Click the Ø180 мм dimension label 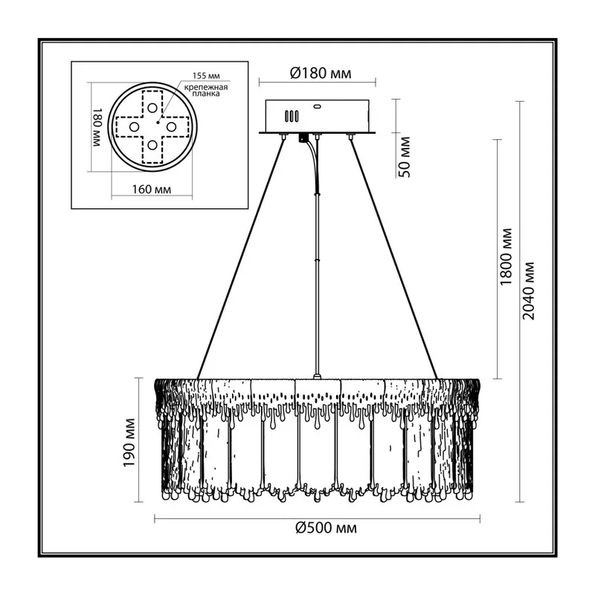[x=321, y=73]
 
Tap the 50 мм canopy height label [x=405, y=157]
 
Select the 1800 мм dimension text [x=506, y=257]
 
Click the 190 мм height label [x=129, y=443]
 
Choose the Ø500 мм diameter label [x=327, y=527]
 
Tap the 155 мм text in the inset [x=206, y=76]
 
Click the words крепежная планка [x=206, y=90]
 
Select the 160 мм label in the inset [x=152, y=189]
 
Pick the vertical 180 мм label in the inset [x=97, y=127]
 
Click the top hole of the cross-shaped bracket [x=152, y=108]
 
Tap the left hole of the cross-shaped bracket [x=134, y=126]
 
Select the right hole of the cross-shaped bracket [x=171, y=126]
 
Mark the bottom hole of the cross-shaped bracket [x=152, y=145]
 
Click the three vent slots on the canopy [x=292, y=116]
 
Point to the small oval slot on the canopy [x=317, y=106]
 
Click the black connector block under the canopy [x=303, y=138]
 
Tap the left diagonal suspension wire [x=239, y=259]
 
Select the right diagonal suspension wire [x=393, y=259]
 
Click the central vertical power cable [x=318, y=258]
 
